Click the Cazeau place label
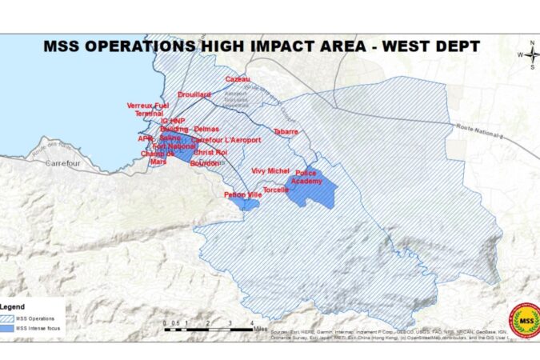[238, 79]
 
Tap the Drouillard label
[194, 94]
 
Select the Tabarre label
[286, 130]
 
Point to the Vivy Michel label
[270, 170]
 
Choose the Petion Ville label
[243, 195]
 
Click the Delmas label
[206, 129]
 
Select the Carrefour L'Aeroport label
[226, 140]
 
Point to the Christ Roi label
[210, 152]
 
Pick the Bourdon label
[205, 162]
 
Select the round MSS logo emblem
[525, 320]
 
